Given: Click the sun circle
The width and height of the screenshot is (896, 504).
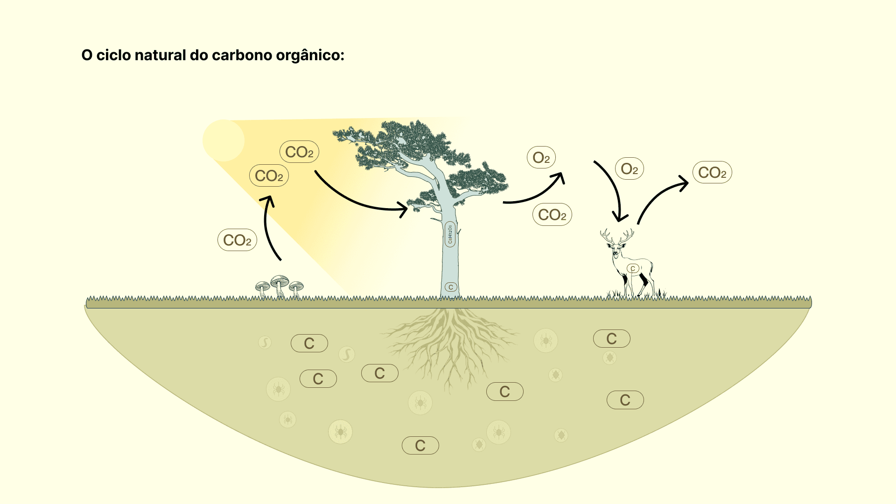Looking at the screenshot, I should coord(224,140).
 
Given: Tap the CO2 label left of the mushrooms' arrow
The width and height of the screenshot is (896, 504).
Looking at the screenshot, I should coord(237,240).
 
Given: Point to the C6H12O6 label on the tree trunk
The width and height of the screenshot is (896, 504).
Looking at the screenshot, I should coord(450,234).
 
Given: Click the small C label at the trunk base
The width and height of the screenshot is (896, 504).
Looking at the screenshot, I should coord(451,287).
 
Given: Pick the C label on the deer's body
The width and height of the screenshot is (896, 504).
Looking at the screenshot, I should coord(633,268).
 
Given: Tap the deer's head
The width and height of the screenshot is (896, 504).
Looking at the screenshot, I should coord(616,250).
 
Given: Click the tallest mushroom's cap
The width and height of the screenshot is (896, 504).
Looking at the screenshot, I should coord(280,280).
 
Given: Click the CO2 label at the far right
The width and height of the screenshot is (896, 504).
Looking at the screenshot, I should coord(712,172).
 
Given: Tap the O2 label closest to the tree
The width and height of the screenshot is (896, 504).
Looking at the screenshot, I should coord(541,158).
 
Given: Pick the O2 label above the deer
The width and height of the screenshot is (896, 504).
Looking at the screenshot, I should coord(629,168).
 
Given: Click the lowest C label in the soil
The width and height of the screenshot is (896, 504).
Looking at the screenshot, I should coord(420,445).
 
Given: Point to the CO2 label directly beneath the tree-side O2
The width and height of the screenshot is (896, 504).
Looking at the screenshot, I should coord(552,215).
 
